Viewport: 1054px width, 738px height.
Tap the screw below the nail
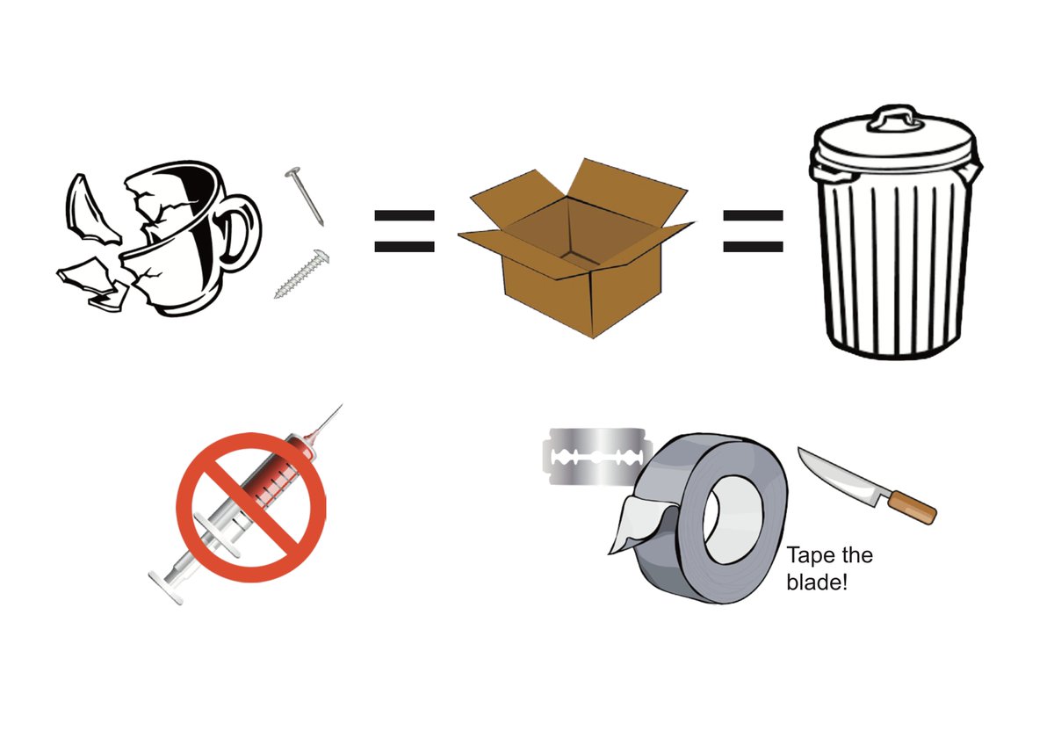301,275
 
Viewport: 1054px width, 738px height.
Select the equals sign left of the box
404,231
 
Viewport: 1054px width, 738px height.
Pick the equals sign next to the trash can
753,231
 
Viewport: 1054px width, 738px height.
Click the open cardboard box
575,264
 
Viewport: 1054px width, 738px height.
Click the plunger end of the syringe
164,586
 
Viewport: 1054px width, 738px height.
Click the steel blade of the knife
839,479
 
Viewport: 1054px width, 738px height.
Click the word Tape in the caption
809,556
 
